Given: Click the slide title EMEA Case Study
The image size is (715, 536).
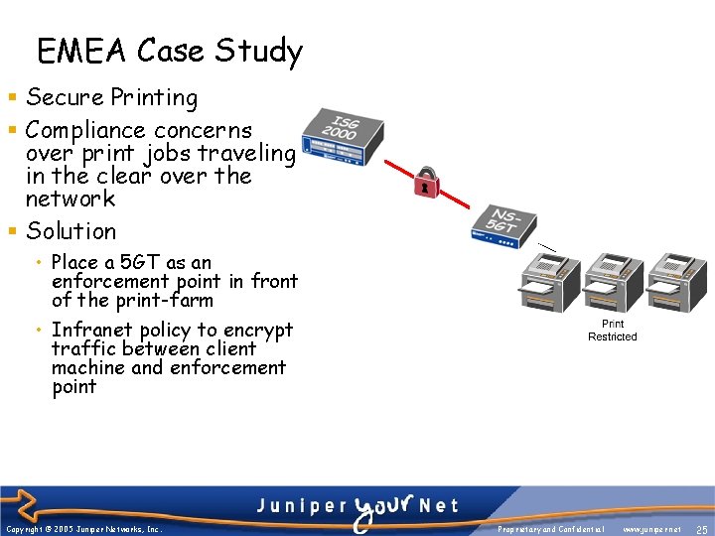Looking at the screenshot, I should [x=169, y=51].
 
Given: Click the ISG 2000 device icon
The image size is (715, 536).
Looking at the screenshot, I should [x=344, y=138].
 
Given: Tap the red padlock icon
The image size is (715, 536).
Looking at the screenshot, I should [x=425, y=183].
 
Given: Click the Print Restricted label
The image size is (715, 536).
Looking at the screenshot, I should [x=613, y=331].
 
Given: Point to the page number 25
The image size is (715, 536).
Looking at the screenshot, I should [x=701, y=530].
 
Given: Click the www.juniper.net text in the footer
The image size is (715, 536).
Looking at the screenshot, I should [x=651, y=530].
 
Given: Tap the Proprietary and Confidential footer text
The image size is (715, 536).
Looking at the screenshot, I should [x=551, y=530].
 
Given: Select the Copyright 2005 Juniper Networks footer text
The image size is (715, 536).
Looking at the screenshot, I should [x=83, y=530].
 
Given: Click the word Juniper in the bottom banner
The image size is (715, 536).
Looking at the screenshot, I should [x=295, y=505].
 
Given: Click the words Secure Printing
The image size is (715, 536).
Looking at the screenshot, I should [x=111, y=97].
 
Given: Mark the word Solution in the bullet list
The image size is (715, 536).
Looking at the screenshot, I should [x=71, y=231].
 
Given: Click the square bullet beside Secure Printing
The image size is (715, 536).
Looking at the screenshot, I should [x=11, y=98].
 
